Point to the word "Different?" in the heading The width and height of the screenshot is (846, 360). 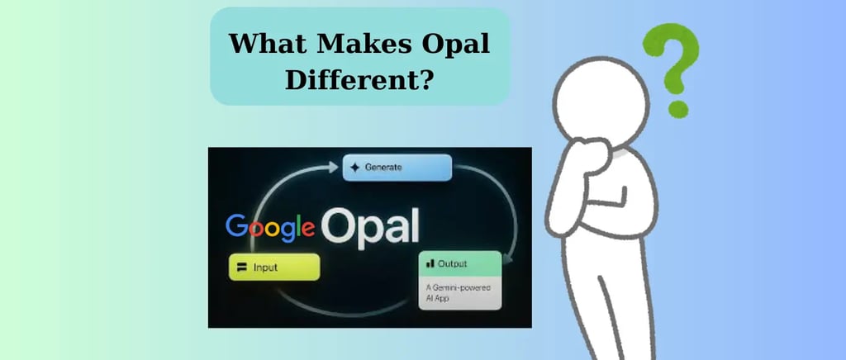[359, 80]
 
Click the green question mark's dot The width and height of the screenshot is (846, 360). [678, 109]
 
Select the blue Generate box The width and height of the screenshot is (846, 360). [397, 168]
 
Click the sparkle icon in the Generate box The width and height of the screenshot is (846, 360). [354, 168]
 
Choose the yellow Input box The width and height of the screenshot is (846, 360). [274, 267]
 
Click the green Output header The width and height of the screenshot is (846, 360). [460, 263]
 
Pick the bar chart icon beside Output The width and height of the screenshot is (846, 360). [430, 263]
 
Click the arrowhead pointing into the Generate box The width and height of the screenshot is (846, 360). [334, 168]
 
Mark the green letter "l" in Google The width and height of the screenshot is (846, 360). [297, 225]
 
